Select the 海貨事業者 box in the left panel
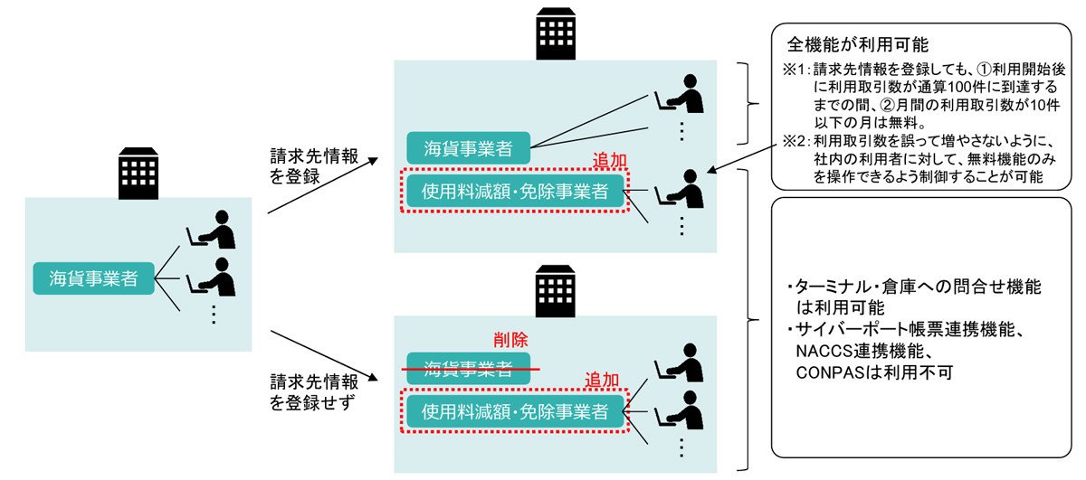(93, 278)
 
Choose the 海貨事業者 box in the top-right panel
(467, 146)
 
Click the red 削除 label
(510, 340)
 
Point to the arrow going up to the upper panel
(323, 184)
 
